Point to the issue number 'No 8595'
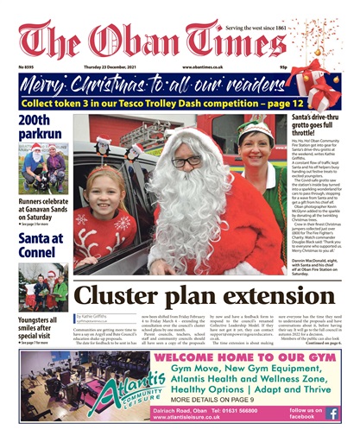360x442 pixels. (x=28, y=66)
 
